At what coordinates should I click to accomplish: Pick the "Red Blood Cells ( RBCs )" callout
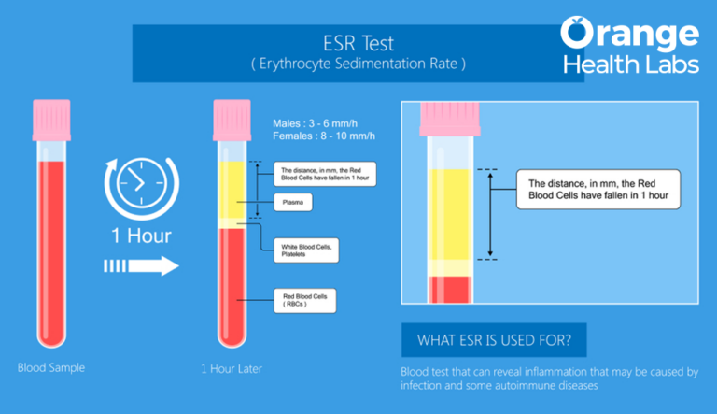coord(306,300)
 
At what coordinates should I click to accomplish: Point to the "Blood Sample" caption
coord(51,367)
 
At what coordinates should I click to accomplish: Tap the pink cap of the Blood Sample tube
coord(51,112)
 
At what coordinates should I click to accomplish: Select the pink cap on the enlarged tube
coord(450,120)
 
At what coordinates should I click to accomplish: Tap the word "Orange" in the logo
coord(629,34)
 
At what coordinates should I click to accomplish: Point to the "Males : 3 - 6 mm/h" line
coord(316,123)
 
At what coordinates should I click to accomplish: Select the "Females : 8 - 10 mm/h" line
coord(321,136)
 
